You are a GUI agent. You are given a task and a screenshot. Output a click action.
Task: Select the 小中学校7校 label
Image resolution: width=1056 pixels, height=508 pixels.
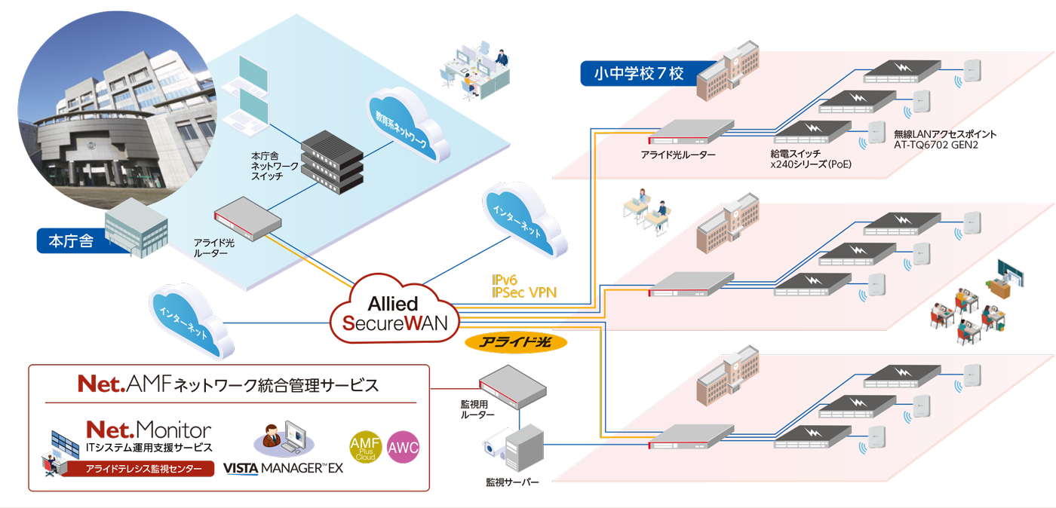point(638,73)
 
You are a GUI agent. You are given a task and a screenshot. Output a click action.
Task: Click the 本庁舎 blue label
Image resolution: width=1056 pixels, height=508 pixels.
point(71,241)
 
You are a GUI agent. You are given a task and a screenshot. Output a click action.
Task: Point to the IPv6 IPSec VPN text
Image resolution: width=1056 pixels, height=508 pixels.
point(523,286)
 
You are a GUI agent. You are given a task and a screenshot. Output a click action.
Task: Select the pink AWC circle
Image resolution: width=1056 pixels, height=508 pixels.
point(403,448)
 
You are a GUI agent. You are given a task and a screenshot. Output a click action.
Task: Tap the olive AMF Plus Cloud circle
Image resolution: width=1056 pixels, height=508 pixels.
point(367,447)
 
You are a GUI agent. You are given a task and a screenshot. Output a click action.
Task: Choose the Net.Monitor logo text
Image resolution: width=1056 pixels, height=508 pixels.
point(148,430)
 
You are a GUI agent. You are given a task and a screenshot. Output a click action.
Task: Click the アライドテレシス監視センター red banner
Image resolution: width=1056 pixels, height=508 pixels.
point(143,469)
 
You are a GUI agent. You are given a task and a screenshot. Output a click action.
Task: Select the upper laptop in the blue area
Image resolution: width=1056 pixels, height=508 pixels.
point(250,75)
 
